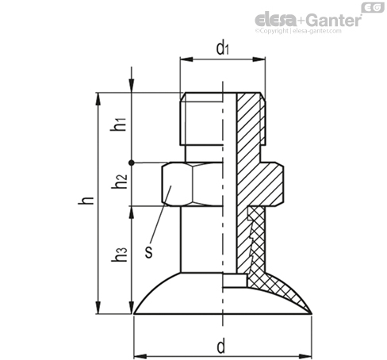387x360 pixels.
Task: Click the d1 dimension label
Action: [x=222, y=48]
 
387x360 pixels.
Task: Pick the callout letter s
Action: [x=149, y=251]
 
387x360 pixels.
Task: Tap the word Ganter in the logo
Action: [x=334, y=20]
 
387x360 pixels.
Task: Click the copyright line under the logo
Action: [x=298, y=31]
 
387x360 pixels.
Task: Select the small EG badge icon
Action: [x=373, y=8]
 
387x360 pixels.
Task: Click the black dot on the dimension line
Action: [x=132, y=163]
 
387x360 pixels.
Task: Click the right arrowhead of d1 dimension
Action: [x=259, y=59]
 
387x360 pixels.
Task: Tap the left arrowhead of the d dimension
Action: [x=140, y=356]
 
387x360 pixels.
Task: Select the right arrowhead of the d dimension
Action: [x=305, y=356]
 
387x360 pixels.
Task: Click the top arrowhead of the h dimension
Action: [x=98, y=99]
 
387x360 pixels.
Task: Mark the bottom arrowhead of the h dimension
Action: [x=98, y=307]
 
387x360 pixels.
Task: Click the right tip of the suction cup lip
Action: [x=312, y=314]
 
